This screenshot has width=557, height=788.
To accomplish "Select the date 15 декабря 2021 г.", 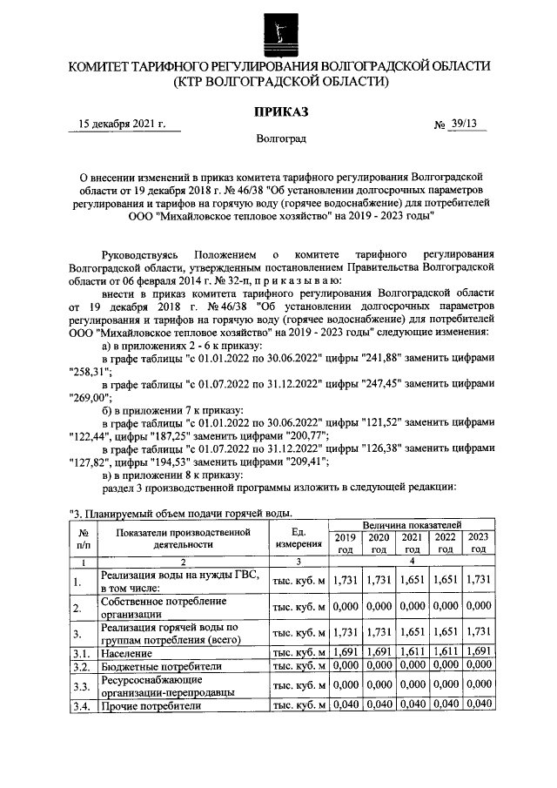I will coord(122,124).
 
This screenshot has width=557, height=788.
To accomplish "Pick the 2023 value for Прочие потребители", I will coord(479,704).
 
